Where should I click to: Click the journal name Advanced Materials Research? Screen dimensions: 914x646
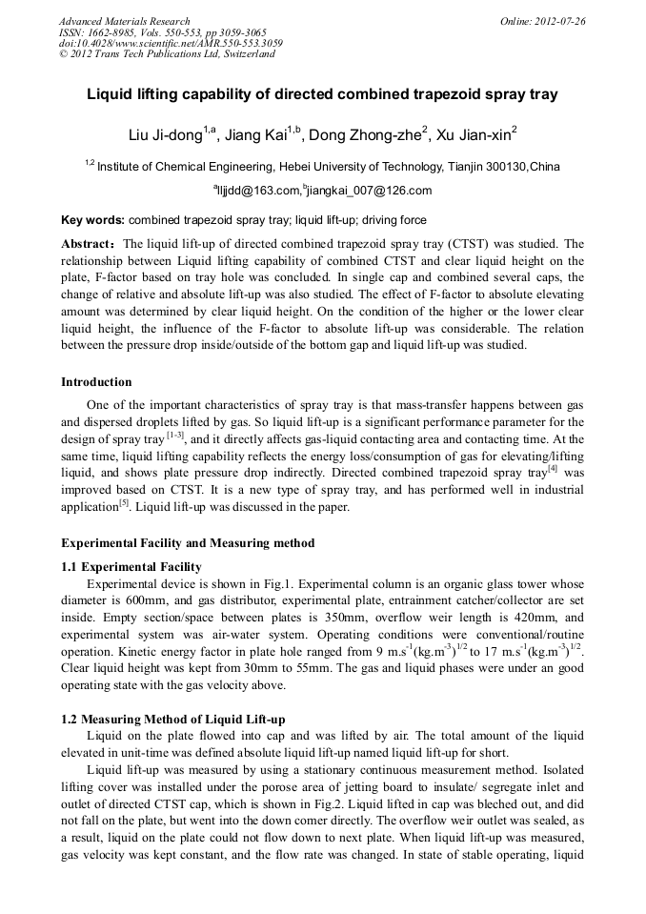[x=124, y=21]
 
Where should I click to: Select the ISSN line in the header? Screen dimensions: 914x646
[x=163, y=32]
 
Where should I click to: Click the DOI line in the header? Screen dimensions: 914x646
[x=171, y=43]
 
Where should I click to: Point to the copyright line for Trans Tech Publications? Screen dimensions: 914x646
[x=167, y=54]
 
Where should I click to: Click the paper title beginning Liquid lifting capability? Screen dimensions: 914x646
[x=322, y=95]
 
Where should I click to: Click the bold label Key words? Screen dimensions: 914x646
[x=92, y=219]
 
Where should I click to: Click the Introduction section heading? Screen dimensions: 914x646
[x=96, y=382]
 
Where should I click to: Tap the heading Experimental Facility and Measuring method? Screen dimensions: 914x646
[x=188, y=543]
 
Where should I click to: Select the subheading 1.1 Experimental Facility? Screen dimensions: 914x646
[x=131, y=567]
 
